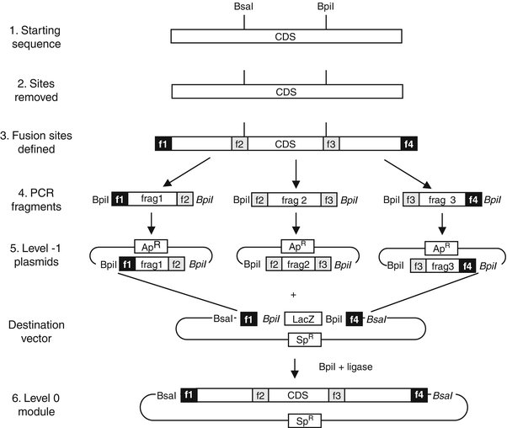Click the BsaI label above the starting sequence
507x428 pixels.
point(244,8)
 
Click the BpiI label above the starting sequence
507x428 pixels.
point(326,8)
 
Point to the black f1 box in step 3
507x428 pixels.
point(163,143)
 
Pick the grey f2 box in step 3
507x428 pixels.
point(239,143)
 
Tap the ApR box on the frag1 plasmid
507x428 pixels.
point(147,245)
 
